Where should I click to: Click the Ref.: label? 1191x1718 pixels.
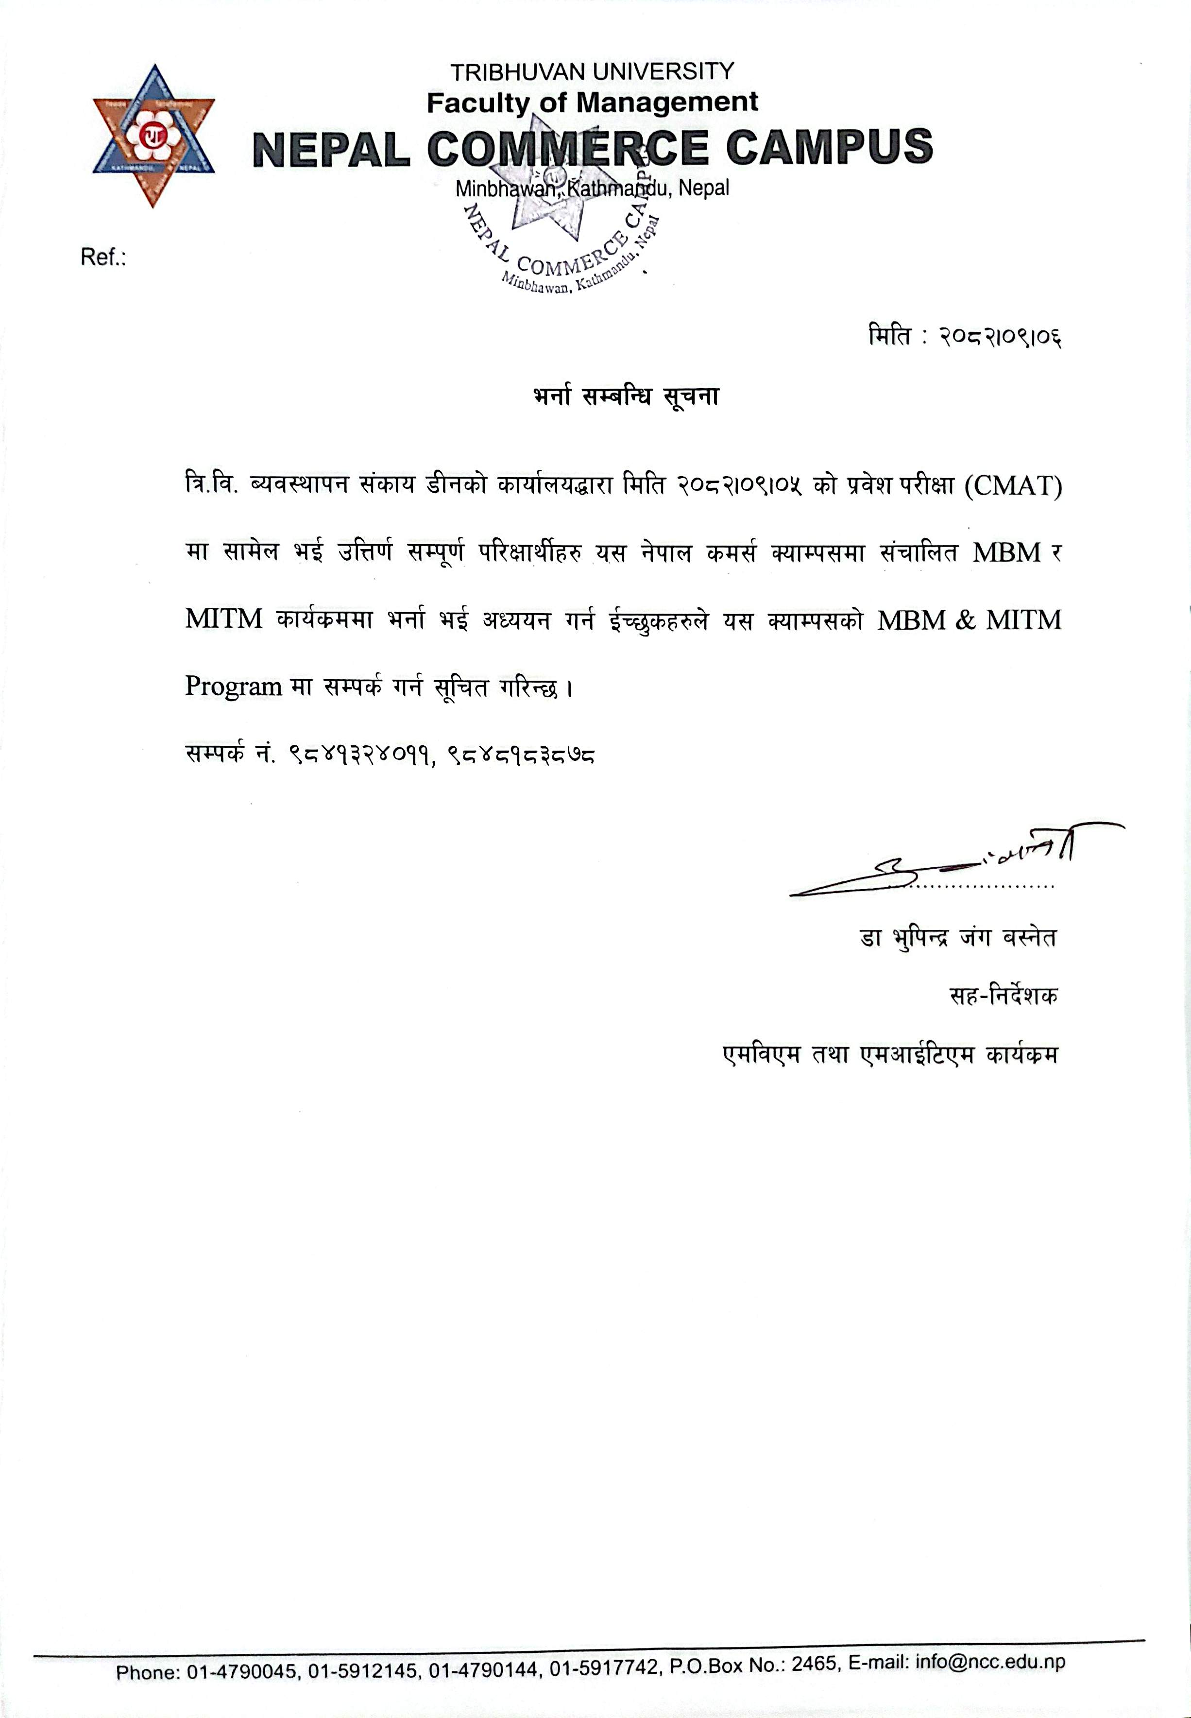[x=103, y=258]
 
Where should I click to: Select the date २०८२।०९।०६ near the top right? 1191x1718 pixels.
[x=1000, y=337]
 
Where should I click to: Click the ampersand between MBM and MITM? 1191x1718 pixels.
[x=965, y=620]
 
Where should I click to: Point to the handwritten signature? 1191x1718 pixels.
[x=955, y=862]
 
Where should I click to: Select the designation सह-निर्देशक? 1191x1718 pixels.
[x=1003, y=996]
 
